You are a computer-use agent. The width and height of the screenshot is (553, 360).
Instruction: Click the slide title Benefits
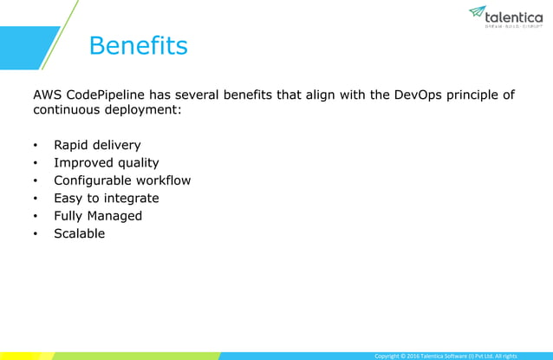[x=138, y=46]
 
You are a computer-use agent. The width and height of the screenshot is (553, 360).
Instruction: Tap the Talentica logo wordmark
[x=514, y=16]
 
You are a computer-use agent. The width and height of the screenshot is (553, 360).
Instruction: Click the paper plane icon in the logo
[x=477, y=11]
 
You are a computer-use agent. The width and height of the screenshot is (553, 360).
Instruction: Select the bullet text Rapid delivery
[x=97, y=145]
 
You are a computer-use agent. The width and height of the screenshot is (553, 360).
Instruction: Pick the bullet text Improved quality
[x=107, y=162]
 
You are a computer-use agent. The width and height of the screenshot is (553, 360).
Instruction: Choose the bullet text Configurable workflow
[x=122, y=180]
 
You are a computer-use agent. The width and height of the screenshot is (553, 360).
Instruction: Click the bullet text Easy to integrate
[x=107, y=198]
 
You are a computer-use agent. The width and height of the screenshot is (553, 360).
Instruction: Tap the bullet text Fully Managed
[x=98, y=215]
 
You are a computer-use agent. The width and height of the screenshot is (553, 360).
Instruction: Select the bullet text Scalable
[x=79, y=233]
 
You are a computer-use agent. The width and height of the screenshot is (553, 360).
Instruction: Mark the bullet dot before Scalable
[x=36, y=234]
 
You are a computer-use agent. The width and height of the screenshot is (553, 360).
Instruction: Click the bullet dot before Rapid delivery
[x=36, y=146]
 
